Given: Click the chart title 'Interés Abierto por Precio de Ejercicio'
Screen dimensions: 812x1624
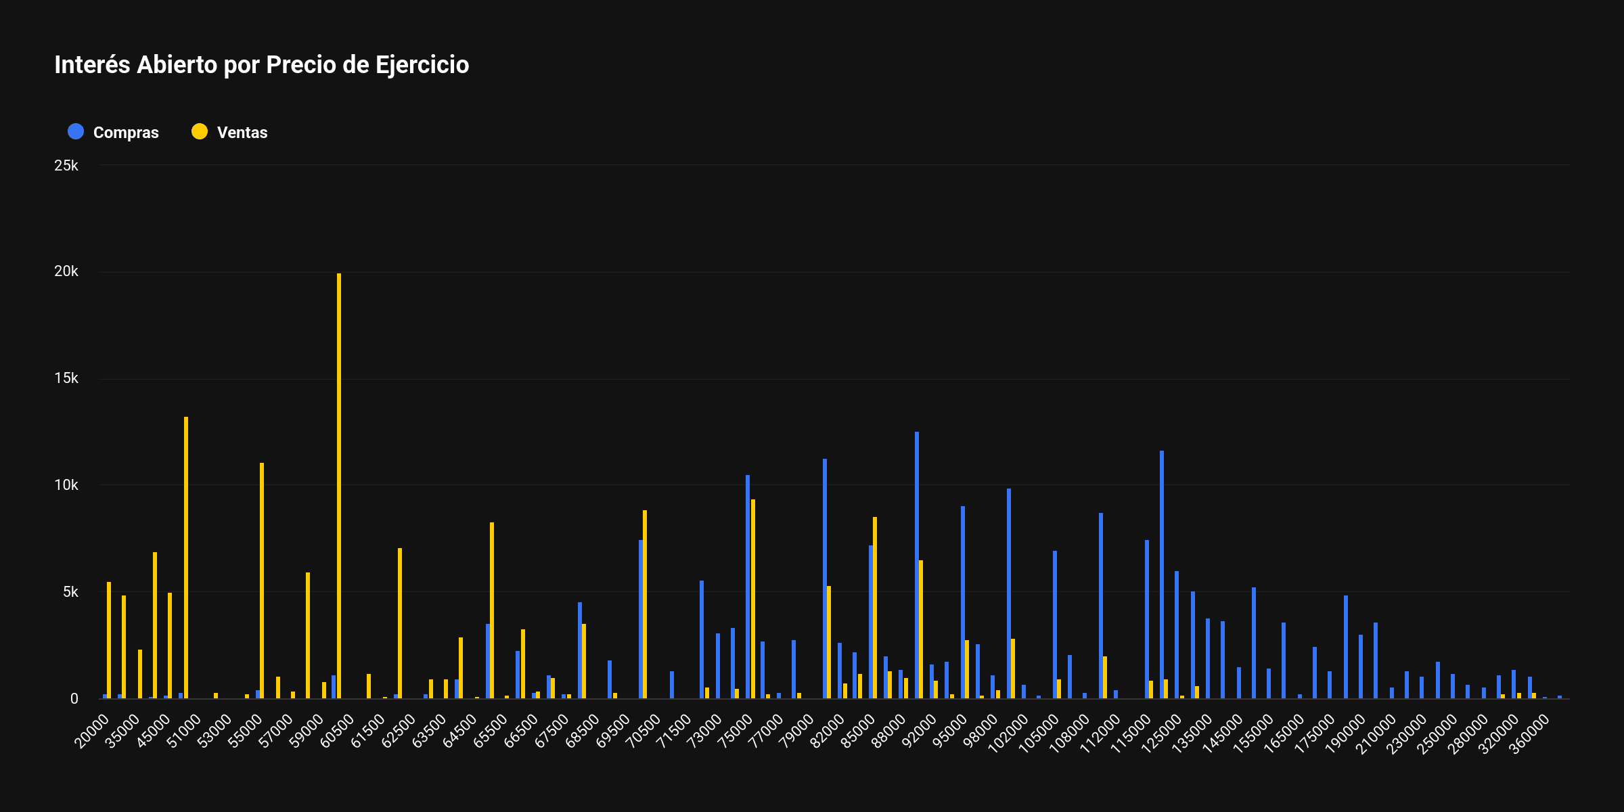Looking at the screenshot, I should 261,65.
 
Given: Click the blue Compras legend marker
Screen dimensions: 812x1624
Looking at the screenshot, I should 76,132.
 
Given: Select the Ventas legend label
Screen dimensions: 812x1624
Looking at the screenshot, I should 242,133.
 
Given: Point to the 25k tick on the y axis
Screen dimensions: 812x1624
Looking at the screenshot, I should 66,166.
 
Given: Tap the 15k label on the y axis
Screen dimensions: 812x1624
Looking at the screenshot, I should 66,378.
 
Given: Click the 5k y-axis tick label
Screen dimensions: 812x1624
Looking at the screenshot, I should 70,592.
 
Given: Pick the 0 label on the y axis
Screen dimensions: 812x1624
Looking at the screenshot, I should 74,699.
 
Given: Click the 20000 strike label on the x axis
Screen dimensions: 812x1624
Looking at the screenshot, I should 92,731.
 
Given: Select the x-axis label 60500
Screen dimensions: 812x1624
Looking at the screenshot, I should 337,731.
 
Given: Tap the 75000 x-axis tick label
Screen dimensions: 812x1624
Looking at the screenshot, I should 736,731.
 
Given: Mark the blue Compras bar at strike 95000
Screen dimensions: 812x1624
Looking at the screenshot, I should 963,602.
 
